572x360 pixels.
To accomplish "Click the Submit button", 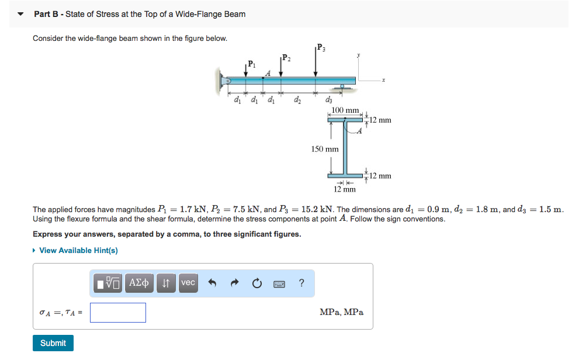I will tap(53, 343).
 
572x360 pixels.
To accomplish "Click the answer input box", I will tap(118, 313).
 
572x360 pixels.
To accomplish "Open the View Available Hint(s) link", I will tap(78, 250).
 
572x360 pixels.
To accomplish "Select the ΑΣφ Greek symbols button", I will tap(139, 283).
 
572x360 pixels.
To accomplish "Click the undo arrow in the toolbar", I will tap(213, 283).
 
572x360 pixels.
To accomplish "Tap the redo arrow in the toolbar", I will tap(235, 283).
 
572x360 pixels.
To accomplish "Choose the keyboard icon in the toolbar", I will tap(280, 283).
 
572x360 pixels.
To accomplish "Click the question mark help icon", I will tap(301, 283).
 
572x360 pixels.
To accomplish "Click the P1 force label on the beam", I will tap(251, 63).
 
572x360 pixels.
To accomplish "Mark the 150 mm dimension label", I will tap(324, 149).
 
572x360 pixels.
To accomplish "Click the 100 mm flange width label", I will tap(345, 110).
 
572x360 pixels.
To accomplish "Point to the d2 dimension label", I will tap(297, 99).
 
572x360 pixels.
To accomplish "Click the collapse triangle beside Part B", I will tap(22, 14).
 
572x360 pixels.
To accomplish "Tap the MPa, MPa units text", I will tap(341, 312).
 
